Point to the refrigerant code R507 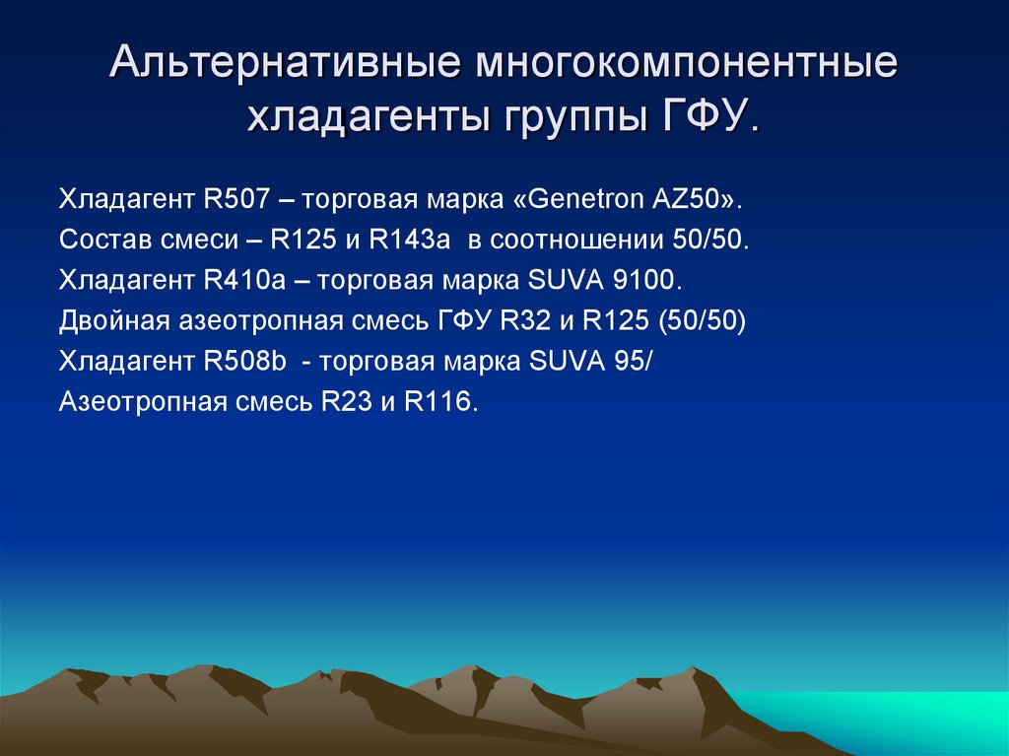[x=237, y=198]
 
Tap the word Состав [x=99, y=240]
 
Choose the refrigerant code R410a [x=242, y=280]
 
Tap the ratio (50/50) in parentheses [x=706, y=321]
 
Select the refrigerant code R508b [x=244, y=362]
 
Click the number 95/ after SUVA [x=631, y=362]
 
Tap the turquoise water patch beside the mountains [x=887, y=724]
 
